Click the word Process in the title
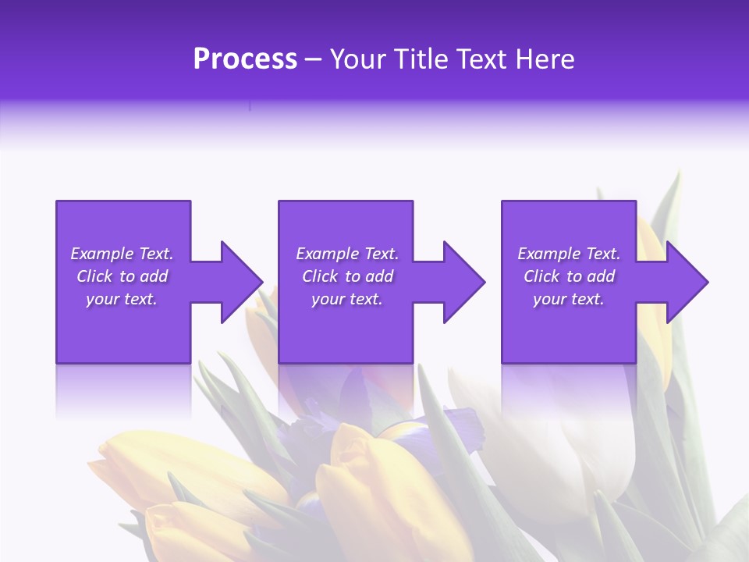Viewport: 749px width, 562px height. click(245, 59)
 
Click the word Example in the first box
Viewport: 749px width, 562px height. click(102, 254)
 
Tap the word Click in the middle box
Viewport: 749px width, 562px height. click(320, 276)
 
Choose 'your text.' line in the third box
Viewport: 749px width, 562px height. click(568, 299)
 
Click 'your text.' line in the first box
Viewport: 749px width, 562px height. click(122, 299)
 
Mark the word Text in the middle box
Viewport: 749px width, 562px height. click(380, 254)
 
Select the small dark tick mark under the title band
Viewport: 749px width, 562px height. click(250, 105)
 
